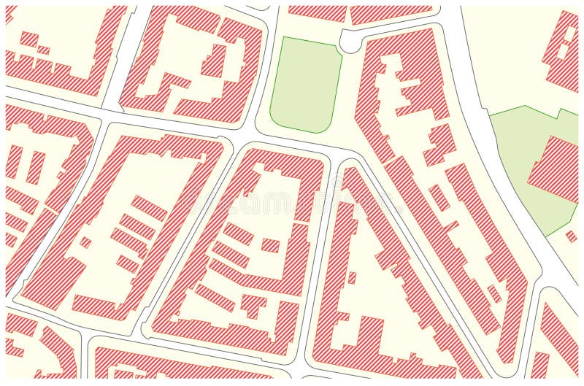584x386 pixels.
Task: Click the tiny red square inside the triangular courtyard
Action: coord(352,277)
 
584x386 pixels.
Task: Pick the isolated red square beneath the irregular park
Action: coord(571,236)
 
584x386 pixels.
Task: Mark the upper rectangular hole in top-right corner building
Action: coord(566,32)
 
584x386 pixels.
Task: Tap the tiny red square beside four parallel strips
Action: coord(86,242)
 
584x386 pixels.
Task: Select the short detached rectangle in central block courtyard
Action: coord(270,245)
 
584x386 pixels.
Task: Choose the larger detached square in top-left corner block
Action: coord(29,39)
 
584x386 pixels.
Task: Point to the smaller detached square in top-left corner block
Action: coord(44,50)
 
